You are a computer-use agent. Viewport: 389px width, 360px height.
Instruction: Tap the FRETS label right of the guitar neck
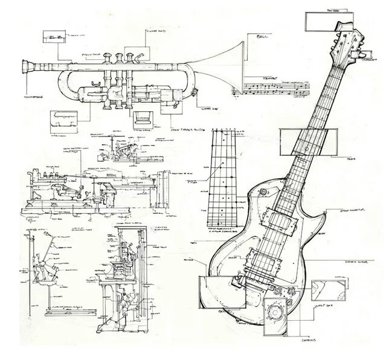pos(363,161)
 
